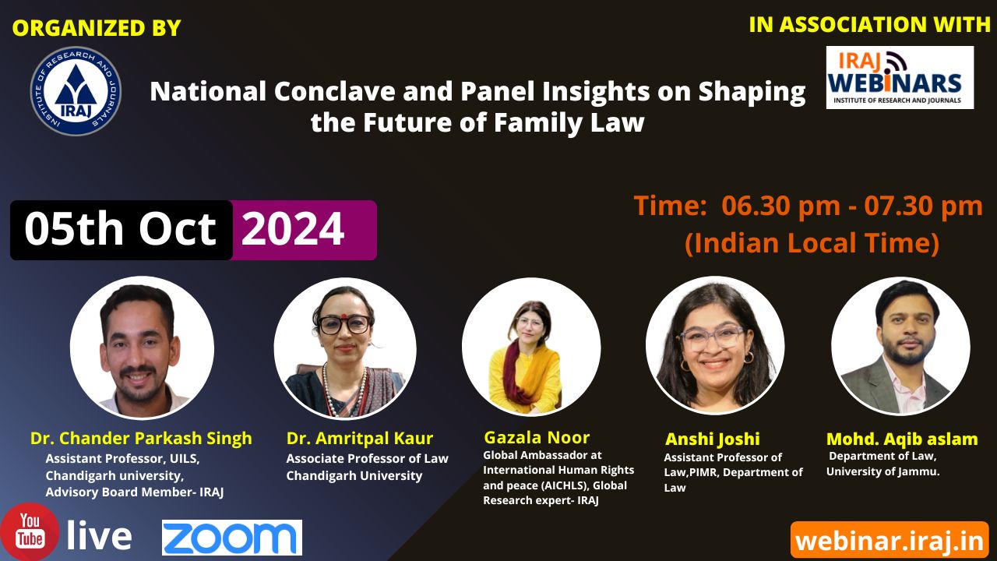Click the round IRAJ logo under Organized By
pyautogui.click(x=76, y=91)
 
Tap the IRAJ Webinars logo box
pyautogui.click(x=900, y=77)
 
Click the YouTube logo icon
pyautogui.click(x=30, y=531)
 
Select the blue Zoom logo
pyautogui.click(x=232, y=538)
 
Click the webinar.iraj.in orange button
pyautogui.click(x=890, y=541)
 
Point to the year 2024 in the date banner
pyautogui.click(x=292, y=229)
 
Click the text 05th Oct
pyautogui.click(x=120, y=229)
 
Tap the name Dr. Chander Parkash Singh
pyautogui.click(x=141, y=438)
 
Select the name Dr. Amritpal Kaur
pyautogui.click(x=360, y=439)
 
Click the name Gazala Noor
pyautogui.click(x=537, y=438)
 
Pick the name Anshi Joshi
pyautogui.click(x=713, y=439)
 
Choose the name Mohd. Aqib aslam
pyautogui.click(x=902, y=439)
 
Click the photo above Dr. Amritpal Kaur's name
pyautogui.click(x=345, y=348)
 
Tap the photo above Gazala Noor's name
pyautogui.click(x=531, y=348)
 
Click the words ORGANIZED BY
pyautogui.click(x=97, y=27)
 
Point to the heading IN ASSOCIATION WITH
pyautogui.click(x=870, y=24)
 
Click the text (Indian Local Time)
pyautogui.click(x=812, y=243)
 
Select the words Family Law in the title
pyautogui.click(x=569, y=123)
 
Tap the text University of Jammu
pyautogui.click(x=883, y=471)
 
